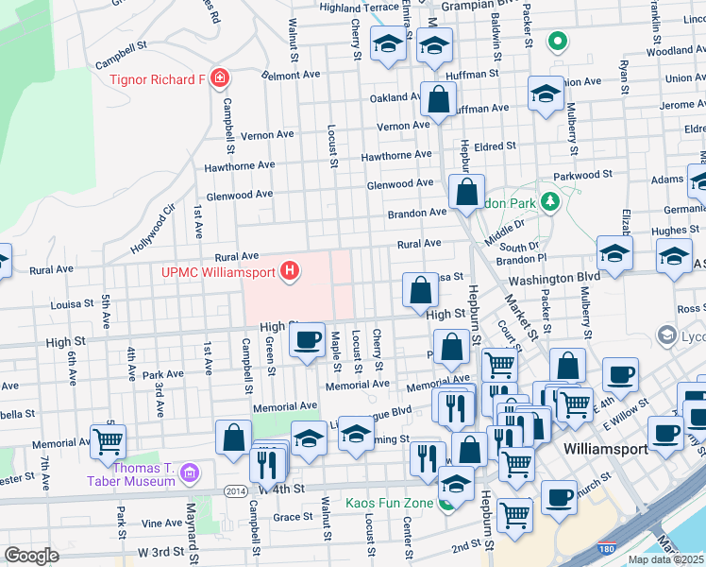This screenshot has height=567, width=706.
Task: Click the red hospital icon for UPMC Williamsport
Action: click(x=291, y=273)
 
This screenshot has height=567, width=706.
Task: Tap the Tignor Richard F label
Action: click(x=157, y=78)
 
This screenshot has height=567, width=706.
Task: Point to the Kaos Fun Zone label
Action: click(x=389, y=503)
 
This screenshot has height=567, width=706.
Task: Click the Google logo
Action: click(x=31, y=556)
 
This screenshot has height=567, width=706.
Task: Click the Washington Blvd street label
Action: click(x=553, y=278)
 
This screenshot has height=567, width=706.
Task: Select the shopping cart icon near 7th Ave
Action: click(x=109, y=439)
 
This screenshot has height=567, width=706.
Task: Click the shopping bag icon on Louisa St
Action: click(x=419, y=290)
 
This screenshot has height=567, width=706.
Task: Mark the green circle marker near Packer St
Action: click(x=557, y=41)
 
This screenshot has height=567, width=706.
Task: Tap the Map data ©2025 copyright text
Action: click(x=665, y=559)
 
